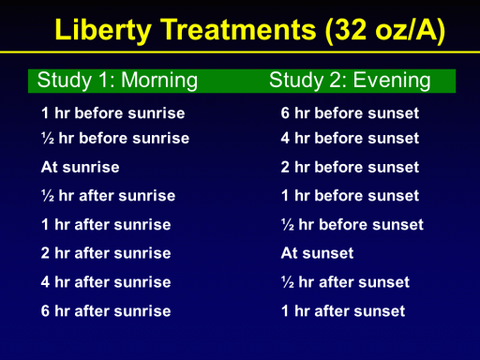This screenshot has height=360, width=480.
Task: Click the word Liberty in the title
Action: [103, 30]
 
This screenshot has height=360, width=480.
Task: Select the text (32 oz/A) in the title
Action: [385, 30]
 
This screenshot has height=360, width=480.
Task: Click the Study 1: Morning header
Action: [117, 81]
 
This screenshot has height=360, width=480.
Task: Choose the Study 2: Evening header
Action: [350, 81]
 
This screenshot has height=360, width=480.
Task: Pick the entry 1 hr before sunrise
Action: [113, 112]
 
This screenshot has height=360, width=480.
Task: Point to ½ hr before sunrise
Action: [115, 138]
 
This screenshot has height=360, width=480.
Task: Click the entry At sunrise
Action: [81, 167]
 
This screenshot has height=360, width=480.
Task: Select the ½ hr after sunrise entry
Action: [108, 196]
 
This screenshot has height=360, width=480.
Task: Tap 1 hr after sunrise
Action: [106, 224]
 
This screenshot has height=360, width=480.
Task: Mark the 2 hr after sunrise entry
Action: [106, 253]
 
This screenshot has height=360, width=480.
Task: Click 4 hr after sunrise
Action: [106, 282]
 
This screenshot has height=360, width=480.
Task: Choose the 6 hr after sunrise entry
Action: [106, 311]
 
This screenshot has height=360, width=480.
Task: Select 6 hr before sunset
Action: [350, 112]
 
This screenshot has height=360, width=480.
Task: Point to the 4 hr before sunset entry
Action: [350, 138]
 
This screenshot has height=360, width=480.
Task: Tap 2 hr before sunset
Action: [350, 167]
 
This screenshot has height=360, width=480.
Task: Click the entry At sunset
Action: [317, 253]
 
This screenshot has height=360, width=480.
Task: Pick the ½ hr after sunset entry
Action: [345, 282]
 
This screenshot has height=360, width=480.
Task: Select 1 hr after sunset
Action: [343, 311]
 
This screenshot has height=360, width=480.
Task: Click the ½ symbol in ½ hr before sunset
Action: [288, 224]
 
